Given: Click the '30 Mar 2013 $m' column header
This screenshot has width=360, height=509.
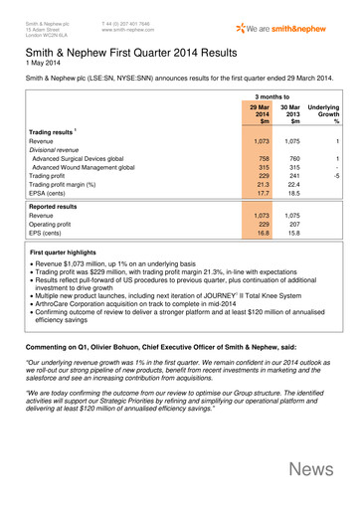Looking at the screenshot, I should [291, 113].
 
